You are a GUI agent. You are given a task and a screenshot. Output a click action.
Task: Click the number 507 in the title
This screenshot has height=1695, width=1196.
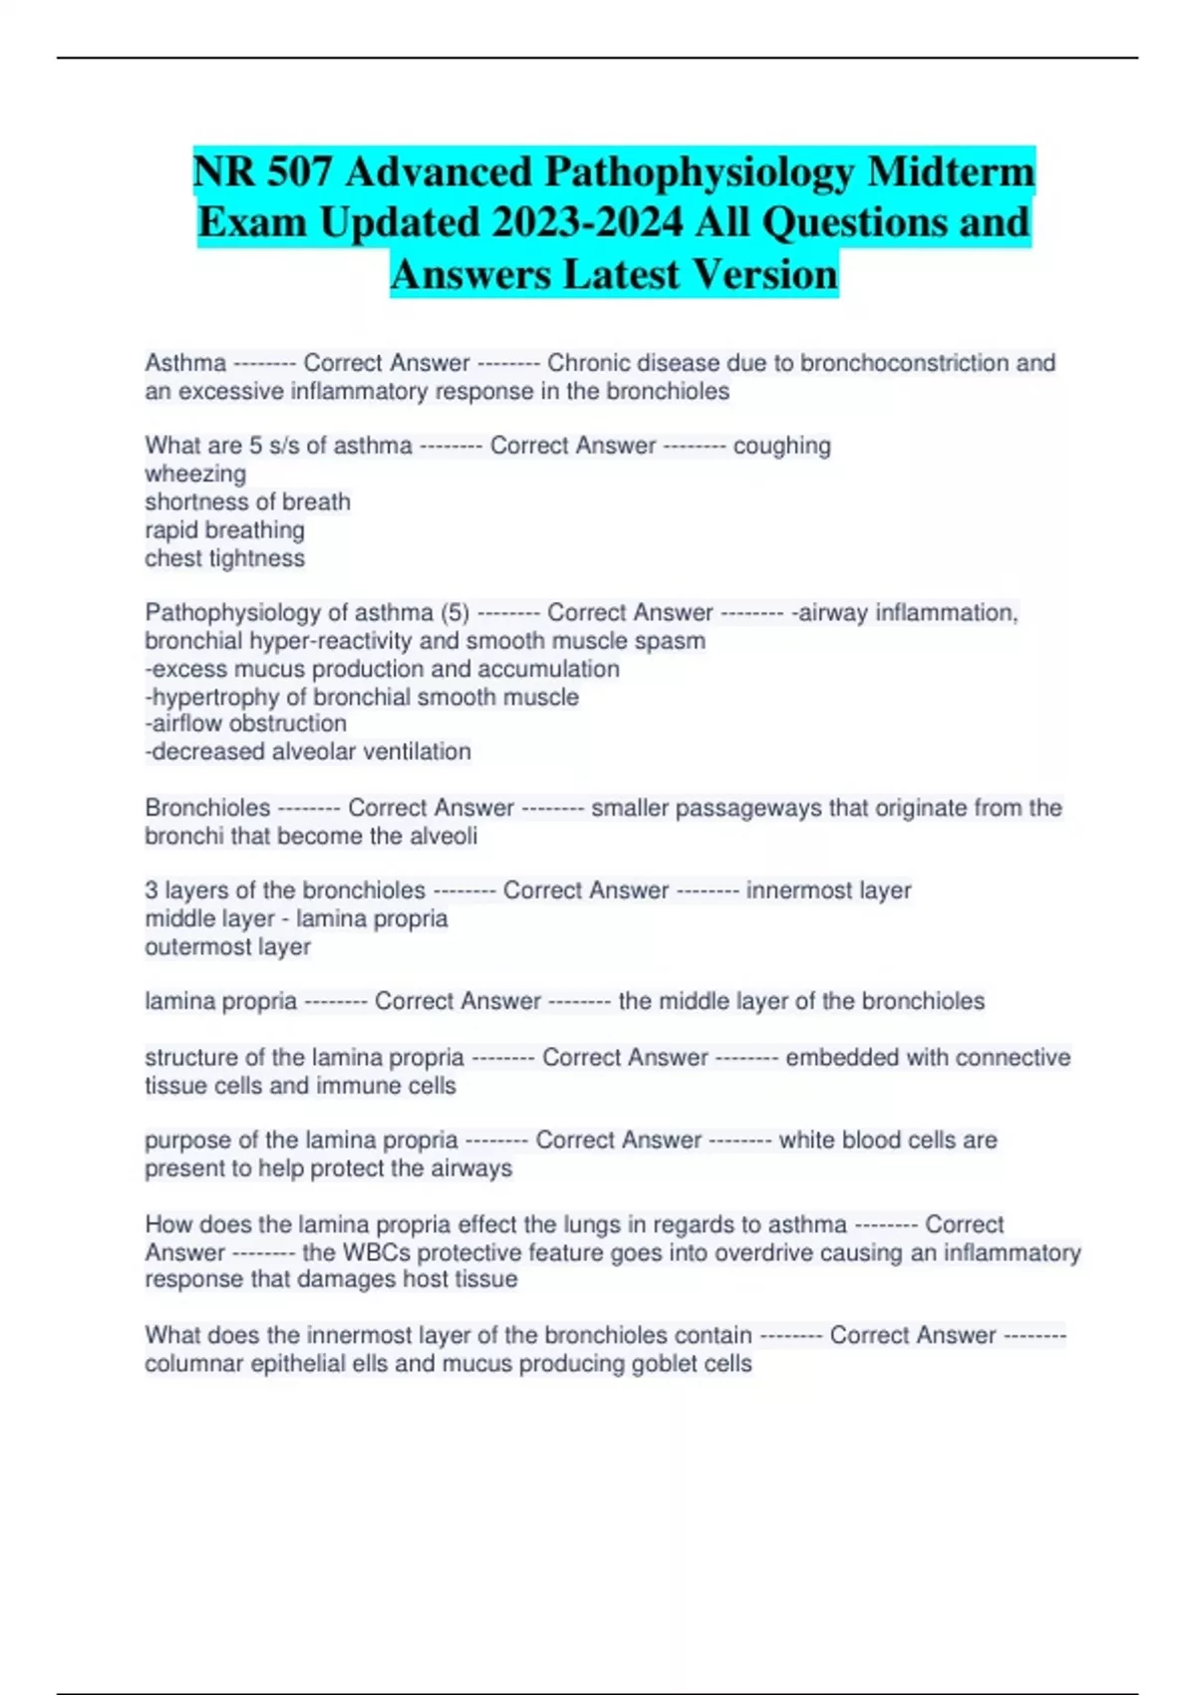[299, 171]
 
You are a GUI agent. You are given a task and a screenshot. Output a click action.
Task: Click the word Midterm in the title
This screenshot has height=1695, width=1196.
[951, 171]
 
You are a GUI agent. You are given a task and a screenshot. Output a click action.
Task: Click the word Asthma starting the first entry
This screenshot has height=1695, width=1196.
[185, 363]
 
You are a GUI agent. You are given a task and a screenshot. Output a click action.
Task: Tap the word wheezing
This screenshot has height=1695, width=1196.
[195, 474]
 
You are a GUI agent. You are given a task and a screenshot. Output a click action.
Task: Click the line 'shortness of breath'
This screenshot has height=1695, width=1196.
[247, 502]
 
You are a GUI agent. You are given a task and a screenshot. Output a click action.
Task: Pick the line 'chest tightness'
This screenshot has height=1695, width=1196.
[224, 558]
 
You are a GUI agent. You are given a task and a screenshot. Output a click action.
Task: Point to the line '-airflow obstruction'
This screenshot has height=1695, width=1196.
[245, 724]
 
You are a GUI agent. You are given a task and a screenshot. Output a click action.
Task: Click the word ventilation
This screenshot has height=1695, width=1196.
[417, 752]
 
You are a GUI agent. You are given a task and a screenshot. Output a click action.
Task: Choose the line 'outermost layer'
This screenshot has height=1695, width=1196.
[227, 947]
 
